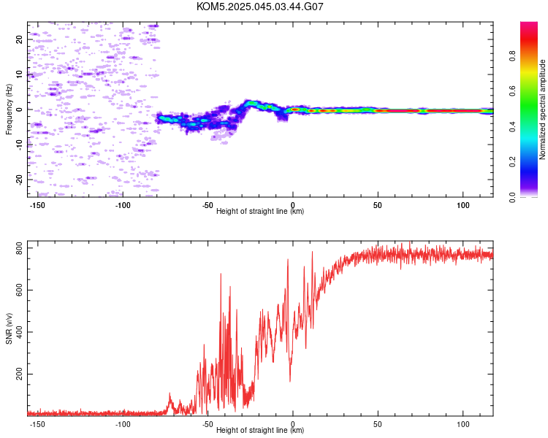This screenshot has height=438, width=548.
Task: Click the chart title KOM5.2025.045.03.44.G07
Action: (260, 7)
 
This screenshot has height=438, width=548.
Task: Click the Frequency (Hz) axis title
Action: (9, 109)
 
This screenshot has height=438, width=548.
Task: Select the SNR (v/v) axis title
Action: (9, 328)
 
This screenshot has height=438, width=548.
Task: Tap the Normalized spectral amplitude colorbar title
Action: (543, 109)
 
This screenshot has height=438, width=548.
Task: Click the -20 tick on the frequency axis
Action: (20, 179)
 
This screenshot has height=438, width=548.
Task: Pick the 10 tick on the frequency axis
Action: (20, 74)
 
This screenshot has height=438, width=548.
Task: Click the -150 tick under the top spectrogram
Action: (38, 205)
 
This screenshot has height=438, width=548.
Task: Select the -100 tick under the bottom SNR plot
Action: (123, 424)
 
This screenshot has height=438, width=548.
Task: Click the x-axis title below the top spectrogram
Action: (260, 211)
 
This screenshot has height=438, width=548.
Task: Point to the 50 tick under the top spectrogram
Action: (378, 205)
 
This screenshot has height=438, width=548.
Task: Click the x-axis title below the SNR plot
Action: (260, 430)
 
